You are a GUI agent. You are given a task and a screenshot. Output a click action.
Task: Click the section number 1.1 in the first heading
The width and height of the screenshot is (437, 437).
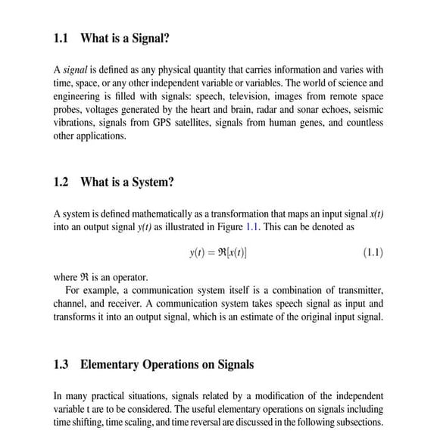click(62, 39)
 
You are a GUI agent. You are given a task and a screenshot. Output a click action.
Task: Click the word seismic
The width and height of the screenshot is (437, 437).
click(367, 110)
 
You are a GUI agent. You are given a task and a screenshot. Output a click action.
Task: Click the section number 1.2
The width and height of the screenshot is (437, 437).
click(62, 182)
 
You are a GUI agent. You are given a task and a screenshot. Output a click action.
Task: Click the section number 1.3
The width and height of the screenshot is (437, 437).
click(62, 364)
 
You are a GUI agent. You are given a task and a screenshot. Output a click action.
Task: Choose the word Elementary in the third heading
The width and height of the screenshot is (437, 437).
click(110, 364)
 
